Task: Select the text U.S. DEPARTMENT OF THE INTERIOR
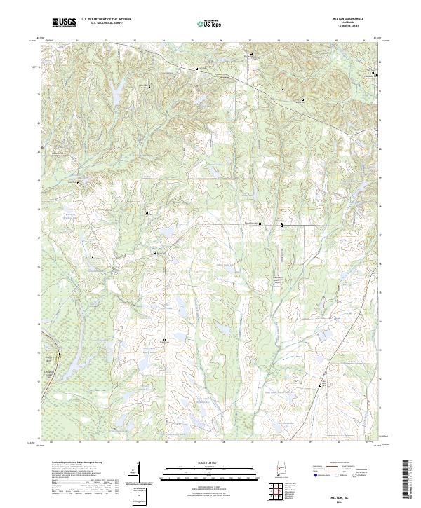click(106, 20)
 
